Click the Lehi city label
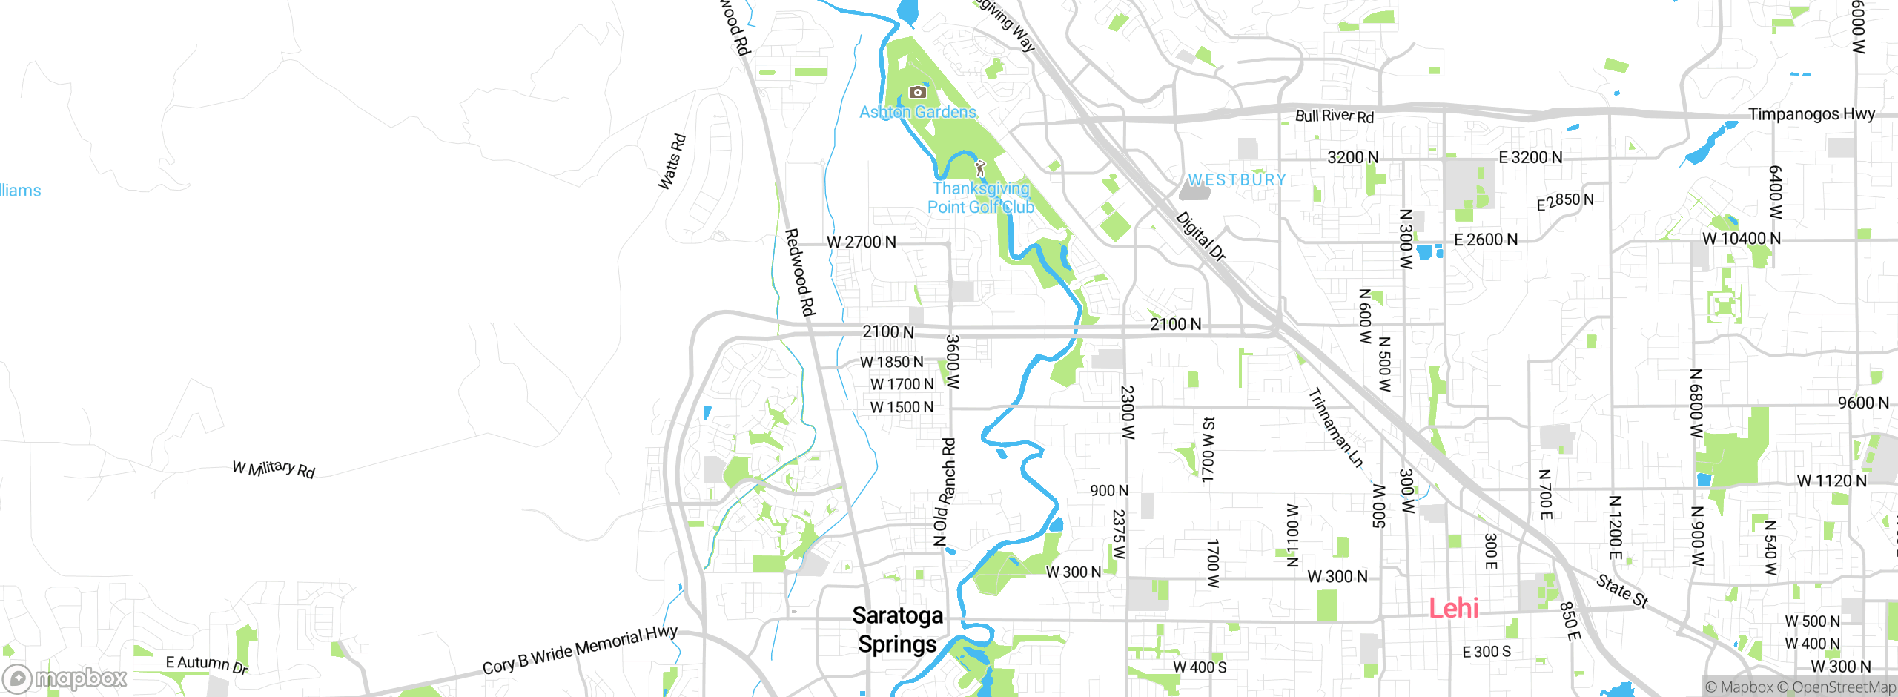tap(1453, 608)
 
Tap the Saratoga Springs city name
tap(897, 630)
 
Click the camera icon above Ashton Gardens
tap(917, 92)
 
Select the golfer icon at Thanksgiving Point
tap(980, 168)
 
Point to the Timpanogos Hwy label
tap(1811, 114)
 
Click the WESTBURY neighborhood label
tap(1237, 180)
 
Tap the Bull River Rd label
tap(1334, 116)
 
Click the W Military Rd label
tap(274, 469)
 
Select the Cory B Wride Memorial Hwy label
tap(580, 650)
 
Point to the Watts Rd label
tap(672, 162)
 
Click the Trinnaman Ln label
tap(1336, 428)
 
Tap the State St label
tap(1622, 591)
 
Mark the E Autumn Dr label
tap(206, 664)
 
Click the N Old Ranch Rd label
tap(945, 492)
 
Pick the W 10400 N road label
tap(1741, 239)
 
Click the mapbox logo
tap(65, 678)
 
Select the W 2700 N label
tap(861, 242)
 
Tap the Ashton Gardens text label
tap(918, 113)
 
